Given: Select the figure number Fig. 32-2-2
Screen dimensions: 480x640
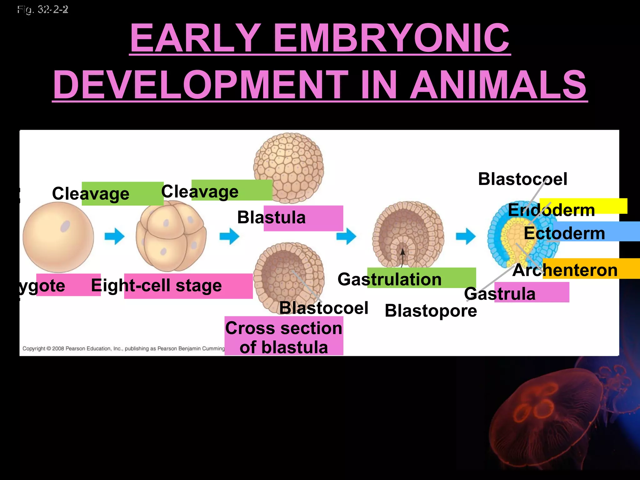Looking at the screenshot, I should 43,10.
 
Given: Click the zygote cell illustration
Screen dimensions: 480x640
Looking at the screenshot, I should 58,237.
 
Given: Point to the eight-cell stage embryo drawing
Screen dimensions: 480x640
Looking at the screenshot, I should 171,236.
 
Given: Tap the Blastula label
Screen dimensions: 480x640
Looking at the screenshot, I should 271,217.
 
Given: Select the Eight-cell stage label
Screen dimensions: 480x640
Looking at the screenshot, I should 156,286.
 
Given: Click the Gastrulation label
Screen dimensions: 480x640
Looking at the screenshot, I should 389,279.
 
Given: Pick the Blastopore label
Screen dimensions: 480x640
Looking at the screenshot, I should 431,311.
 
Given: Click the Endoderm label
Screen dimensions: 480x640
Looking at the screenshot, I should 551,210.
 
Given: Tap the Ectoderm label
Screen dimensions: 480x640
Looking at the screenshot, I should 564,233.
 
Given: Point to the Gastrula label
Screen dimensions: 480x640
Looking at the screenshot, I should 500,294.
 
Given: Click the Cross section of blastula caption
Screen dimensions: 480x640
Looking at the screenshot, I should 284,337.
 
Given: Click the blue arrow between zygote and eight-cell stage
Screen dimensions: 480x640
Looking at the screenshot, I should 114,236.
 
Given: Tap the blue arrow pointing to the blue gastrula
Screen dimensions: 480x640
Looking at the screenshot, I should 466,236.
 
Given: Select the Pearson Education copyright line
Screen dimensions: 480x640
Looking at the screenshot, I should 123,348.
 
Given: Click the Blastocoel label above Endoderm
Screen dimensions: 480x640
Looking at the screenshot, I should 522,179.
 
